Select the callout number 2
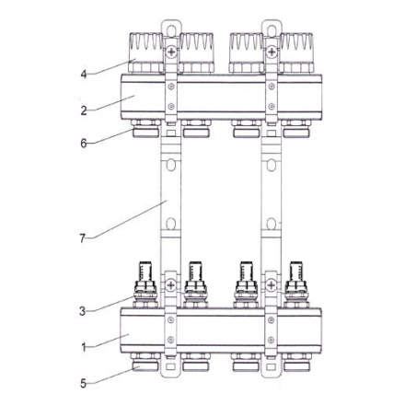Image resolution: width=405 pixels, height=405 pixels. (85, 110)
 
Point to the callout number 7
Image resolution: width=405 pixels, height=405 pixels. (84, 238)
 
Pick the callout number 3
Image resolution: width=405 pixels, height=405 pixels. (85, 311)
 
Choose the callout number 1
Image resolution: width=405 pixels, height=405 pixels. (85, 347)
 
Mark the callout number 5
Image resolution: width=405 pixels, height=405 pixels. (85, 382)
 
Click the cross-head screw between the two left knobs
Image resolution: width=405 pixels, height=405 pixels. (170, 52)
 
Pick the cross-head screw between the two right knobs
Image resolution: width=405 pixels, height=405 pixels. (271, 52)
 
